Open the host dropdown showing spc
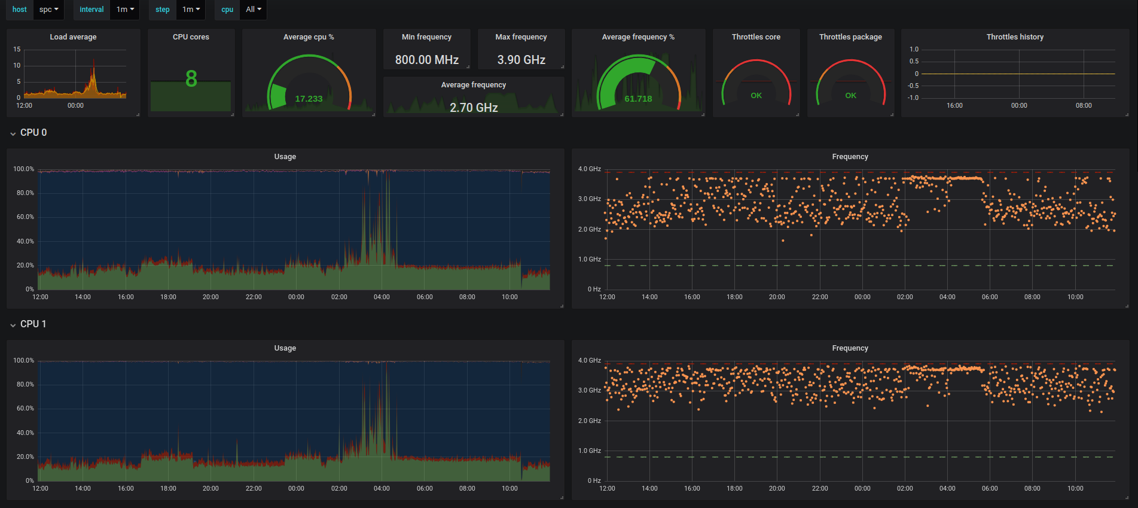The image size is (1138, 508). tap(48, 10)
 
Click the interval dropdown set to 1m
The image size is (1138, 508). tap(125, 10)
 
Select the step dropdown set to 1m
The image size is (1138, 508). tap(191, 10)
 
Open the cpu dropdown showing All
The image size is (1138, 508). tap(254, 10)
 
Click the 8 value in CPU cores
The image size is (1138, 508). tap(191, 79)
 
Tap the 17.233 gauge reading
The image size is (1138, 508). tap(309, 99)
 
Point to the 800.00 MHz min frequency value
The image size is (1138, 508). tap(427, 60)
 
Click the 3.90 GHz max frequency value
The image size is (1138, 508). tap(521, 60)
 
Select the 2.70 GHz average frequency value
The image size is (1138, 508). tap(474, 108)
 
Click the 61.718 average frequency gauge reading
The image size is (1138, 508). tap(638, 99)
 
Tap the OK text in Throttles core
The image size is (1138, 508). tap(756, 96)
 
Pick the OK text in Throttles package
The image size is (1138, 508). tap(851, 96)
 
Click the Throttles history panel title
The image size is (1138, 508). tap(1015, 37)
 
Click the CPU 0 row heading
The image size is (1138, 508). tap(33, 132)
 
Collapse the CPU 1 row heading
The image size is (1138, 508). tap(33, 324)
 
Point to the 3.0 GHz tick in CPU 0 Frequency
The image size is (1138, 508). tap(590, 199)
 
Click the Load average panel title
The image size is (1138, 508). tap(73, 37)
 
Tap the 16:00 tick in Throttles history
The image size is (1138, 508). tap(954, 105)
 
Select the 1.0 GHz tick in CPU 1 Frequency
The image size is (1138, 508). tap(590, 451)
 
